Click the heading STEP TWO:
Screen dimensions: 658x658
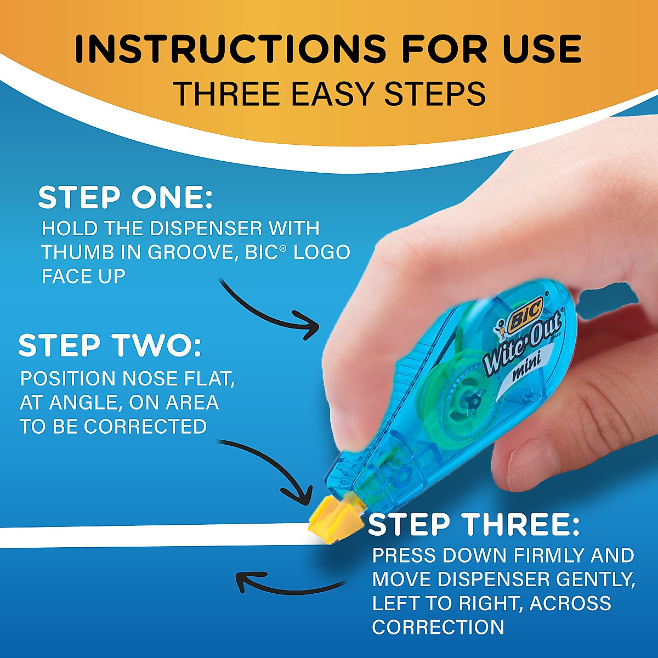[x=110, y=345]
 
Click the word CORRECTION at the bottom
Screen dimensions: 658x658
[x=438, y=627]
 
